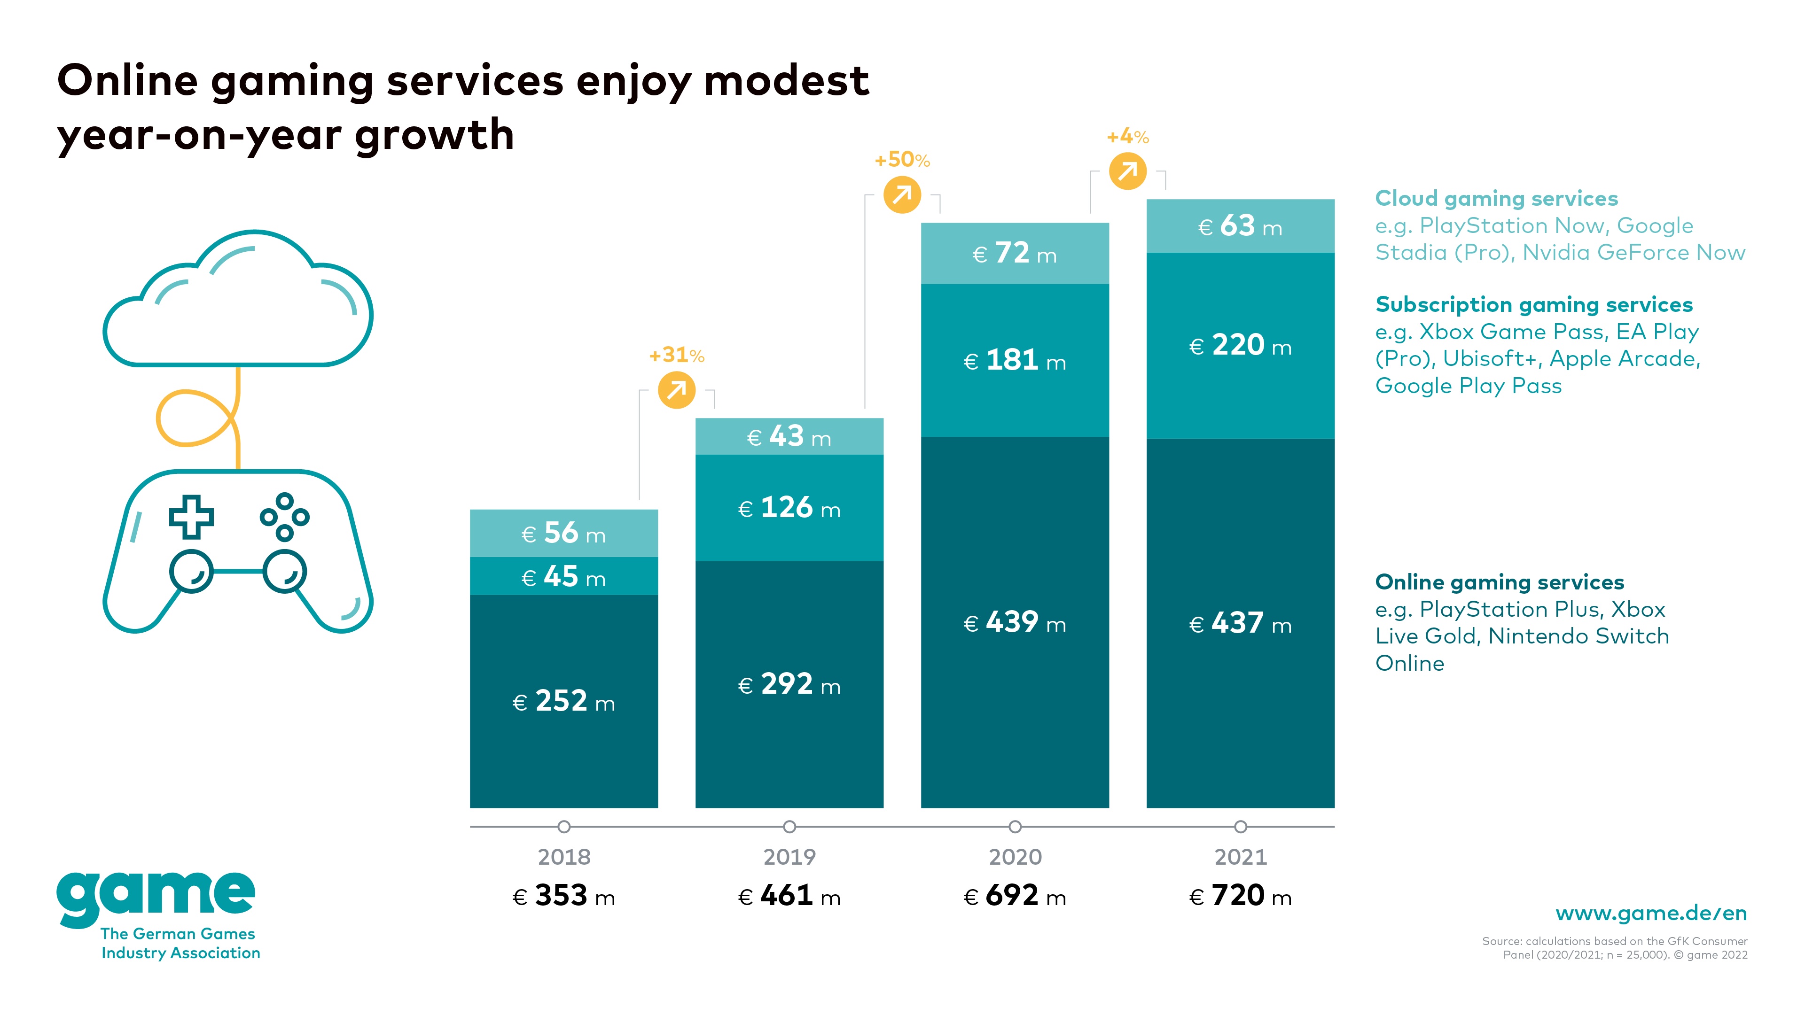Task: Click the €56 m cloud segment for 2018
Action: point(563,533)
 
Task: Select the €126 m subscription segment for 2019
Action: point(789,507)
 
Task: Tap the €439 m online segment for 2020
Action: point(1015,622)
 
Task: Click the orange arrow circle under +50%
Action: point(902,195)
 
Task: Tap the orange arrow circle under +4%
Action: point(1127,171)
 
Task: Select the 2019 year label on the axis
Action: point(789,857)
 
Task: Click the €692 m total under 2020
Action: point(1015,896)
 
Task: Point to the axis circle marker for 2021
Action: point(1240,827)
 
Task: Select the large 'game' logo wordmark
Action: point(156,897)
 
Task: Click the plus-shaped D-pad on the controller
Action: point(191,517)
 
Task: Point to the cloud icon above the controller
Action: point(238,301)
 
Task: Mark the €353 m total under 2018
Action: point(563,896)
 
